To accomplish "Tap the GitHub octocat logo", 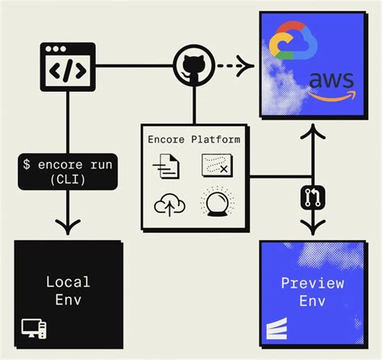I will pyautogui.click(x=193, y=64).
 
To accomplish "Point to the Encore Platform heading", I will pyautogui.click(x=194, y=139).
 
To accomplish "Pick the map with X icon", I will pyautogui.click(x=218, y=167).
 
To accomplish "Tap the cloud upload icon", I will pyautogui.click(x=169, y=205).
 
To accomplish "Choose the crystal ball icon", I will pyautogui.click(x=218, y=203).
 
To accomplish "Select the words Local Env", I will pyautogui.click(x=68, y=291).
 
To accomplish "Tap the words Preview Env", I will pyautogui.click(x=312, y=291).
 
